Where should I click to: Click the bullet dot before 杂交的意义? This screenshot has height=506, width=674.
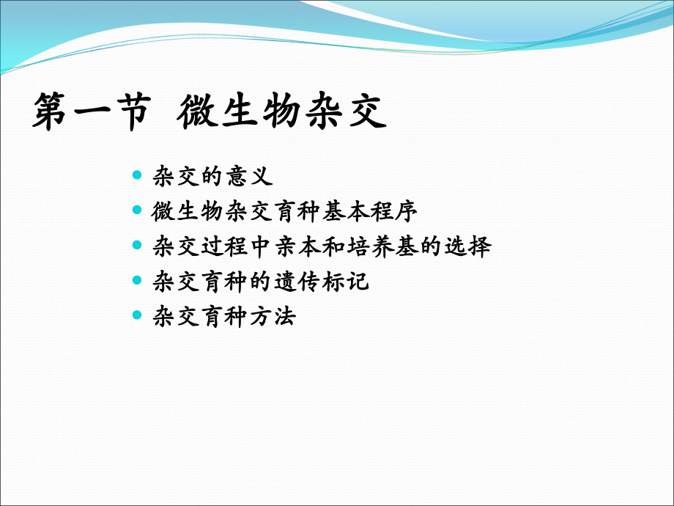coord(137,175)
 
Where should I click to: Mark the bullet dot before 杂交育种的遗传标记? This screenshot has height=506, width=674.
coord(137,281)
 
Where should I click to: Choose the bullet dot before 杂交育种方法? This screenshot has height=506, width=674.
coord(137,316)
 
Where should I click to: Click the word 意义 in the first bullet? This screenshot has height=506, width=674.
coord(249,176)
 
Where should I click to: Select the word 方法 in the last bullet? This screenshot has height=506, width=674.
coord(273,317)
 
